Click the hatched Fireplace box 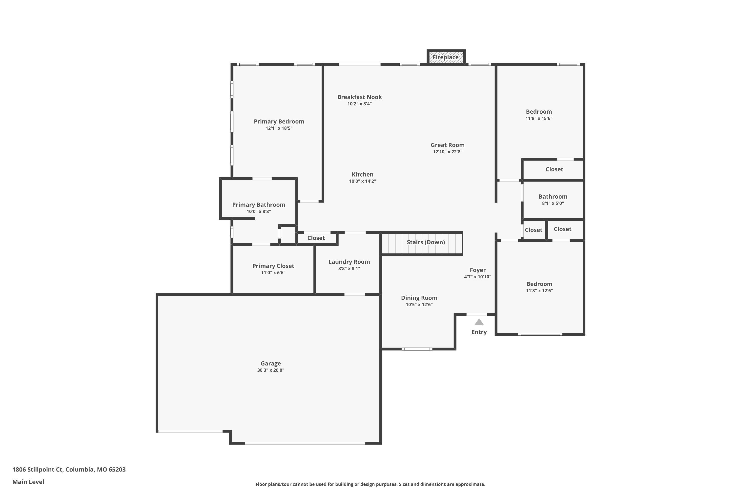point(446,57)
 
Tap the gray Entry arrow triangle point(479,322)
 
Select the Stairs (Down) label point(426,242)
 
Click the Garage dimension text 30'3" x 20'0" point(271,370)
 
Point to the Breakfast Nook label point(359,97)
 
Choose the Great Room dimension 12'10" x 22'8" point(447,152)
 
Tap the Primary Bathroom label point(259,205)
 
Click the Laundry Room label point(349,262)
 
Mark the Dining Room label point(419,298)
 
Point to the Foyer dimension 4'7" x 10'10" point(478,277)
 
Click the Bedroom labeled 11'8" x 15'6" point(539,112)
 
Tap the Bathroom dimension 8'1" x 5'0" point(553,204)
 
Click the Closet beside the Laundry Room point(316,238)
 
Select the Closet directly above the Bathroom point(554,169)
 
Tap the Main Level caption point(28,482)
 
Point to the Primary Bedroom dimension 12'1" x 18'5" point(279,128)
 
